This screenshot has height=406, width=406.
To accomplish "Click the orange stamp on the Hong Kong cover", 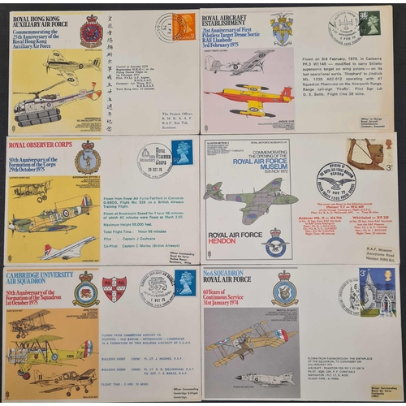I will [x=184, y=27].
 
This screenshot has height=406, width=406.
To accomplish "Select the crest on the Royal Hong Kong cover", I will [x=91, y=32].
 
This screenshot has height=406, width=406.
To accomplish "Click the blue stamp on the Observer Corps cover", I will [x=183, y=152].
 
